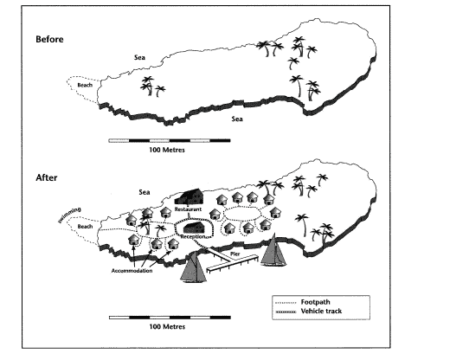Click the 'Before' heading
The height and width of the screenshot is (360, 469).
[49, 39]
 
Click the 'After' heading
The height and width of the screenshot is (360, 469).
[47, 177]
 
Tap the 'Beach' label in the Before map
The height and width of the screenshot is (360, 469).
[85, 85]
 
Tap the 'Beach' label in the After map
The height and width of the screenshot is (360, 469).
[85, 227]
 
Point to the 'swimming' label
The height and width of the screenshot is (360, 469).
[69, 215]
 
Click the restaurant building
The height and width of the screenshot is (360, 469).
[189, 196]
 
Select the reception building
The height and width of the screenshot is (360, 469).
[194, 228]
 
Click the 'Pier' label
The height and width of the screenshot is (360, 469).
[235, 254]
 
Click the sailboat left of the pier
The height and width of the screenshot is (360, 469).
[194, 267]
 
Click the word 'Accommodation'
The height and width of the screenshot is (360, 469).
[132, 271]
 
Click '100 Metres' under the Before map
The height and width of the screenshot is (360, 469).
[167, 150]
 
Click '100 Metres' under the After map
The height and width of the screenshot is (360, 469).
[167, 326]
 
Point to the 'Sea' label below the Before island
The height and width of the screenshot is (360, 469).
[237, 119]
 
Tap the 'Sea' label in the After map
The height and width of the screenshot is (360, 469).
[145, 192]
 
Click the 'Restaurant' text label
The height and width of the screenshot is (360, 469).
[188, 209]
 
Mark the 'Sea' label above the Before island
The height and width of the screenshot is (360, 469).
[139, 57]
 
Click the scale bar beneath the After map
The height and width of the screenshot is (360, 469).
[170, 318]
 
